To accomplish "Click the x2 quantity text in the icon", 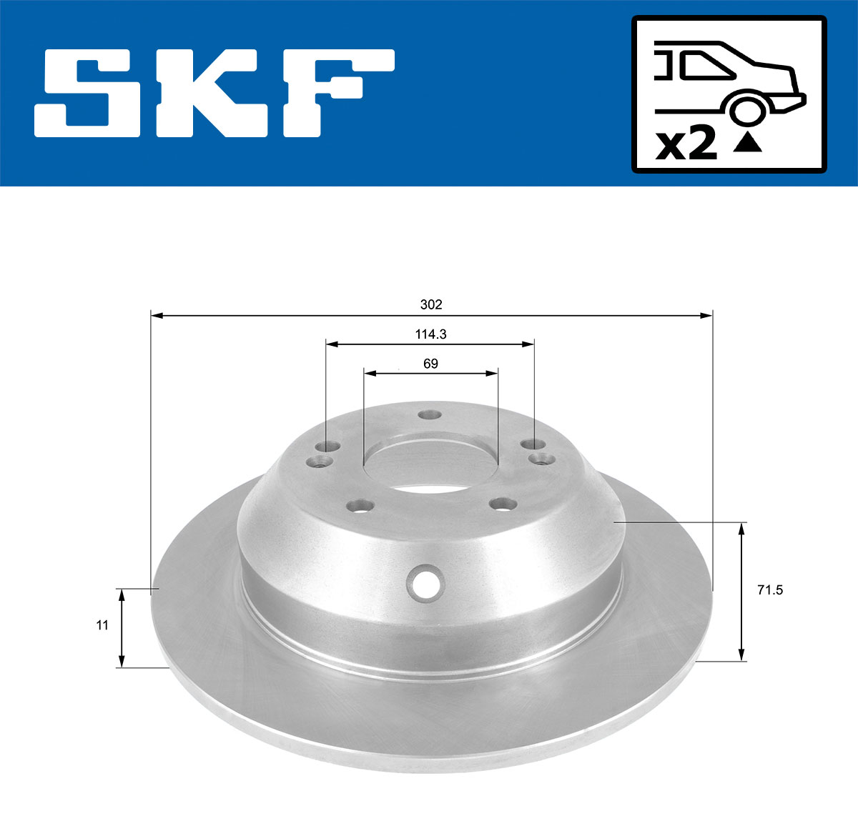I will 686,145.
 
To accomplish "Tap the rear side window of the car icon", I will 704,66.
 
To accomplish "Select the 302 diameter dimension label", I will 431,304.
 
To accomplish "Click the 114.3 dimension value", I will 430,334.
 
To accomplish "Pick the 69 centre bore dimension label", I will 430,364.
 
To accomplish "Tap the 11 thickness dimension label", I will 102,625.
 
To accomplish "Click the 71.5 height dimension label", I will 769,590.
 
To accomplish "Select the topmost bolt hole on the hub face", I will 430,415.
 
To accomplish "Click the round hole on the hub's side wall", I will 426,582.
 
